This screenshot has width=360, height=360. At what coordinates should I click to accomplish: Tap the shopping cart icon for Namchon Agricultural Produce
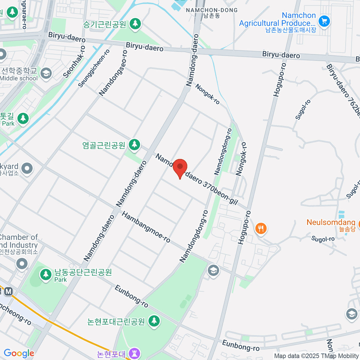[x=324, y=21]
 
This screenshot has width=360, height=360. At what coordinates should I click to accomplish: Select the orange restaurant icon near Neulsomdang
[x=261, y=229]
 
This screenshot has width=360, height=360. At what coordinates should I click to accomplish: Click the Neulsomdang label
[x=331, y=223]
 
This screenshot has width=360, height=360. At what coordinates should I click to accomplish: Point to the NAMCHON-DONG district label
[x=211, y=10]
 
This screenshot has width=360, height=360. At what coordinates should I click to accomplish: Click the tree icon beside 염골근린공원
[x=134, y=145]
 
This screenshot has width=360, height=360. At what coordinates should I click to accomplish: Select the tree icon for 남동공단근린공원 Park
[x=46, y=274]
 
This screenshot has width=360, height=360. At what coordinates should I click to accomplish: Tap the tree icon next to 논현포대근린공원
[x=154, y=321]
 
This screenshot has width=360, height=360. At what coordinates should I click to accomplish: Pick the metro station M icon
[x=8, y=291]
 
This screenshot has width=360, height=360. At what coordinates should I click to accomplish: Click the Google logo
[x=19, y=353]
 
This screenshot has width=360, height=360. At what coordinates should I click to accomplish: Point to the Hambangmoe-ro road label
[x=146, y=227]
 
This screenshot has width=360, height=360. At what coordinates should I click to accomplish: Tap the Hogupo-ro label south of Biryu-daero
[x=280, y=80]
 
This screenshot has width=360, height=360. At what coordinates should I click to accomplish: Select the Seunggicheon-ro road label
[x=94, y=68]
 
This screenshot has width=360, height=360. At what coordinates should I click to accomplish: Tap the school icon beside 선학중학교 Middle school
[x=46, y=73]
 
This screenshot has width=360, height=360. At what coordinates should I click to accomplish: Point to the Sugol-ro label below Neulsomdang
[x=323, y=239]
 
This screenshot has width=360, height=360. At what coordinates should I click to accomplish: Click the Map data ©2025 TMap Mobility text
[x=316, y=356]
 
